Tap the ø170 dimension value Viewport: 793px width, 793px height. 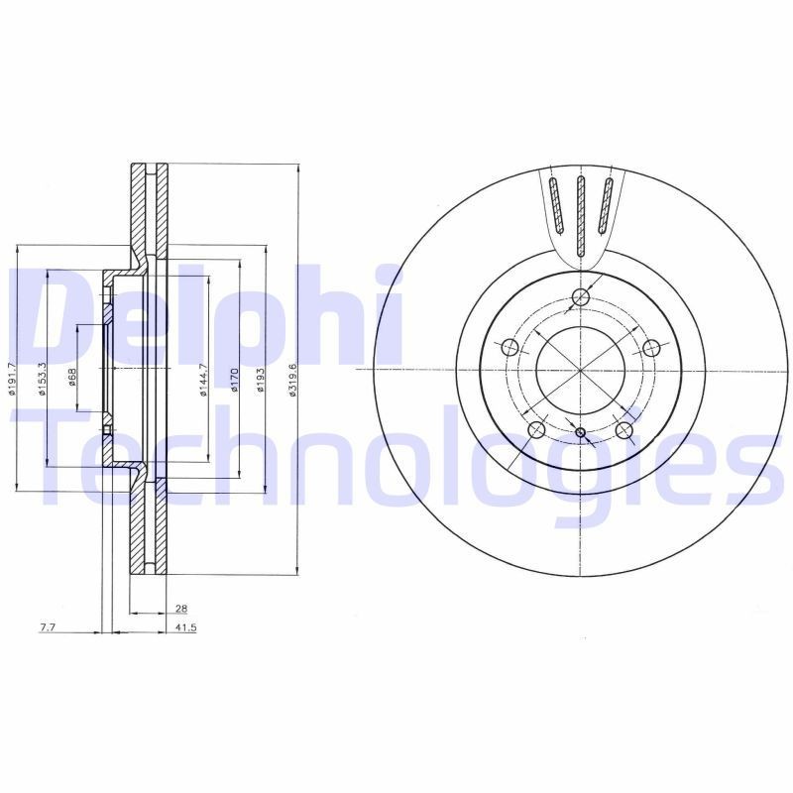tap(234, 381)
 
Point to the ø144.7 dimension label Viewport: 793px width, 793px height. tap(203, 380)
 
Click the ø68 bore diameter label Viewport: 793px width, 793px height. tap(71, 378)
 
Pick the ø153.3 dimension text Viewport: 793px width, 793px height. tap(42, 379)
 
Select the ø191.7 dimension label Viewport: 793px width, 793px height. tap(13, 379)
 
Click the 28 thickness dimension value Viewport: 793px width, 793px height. tap(180, 608)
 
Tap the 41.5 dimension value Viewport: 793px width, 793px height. tap(185, 627)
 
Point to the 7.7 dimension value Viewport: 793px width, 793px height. tap(48, 627)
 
